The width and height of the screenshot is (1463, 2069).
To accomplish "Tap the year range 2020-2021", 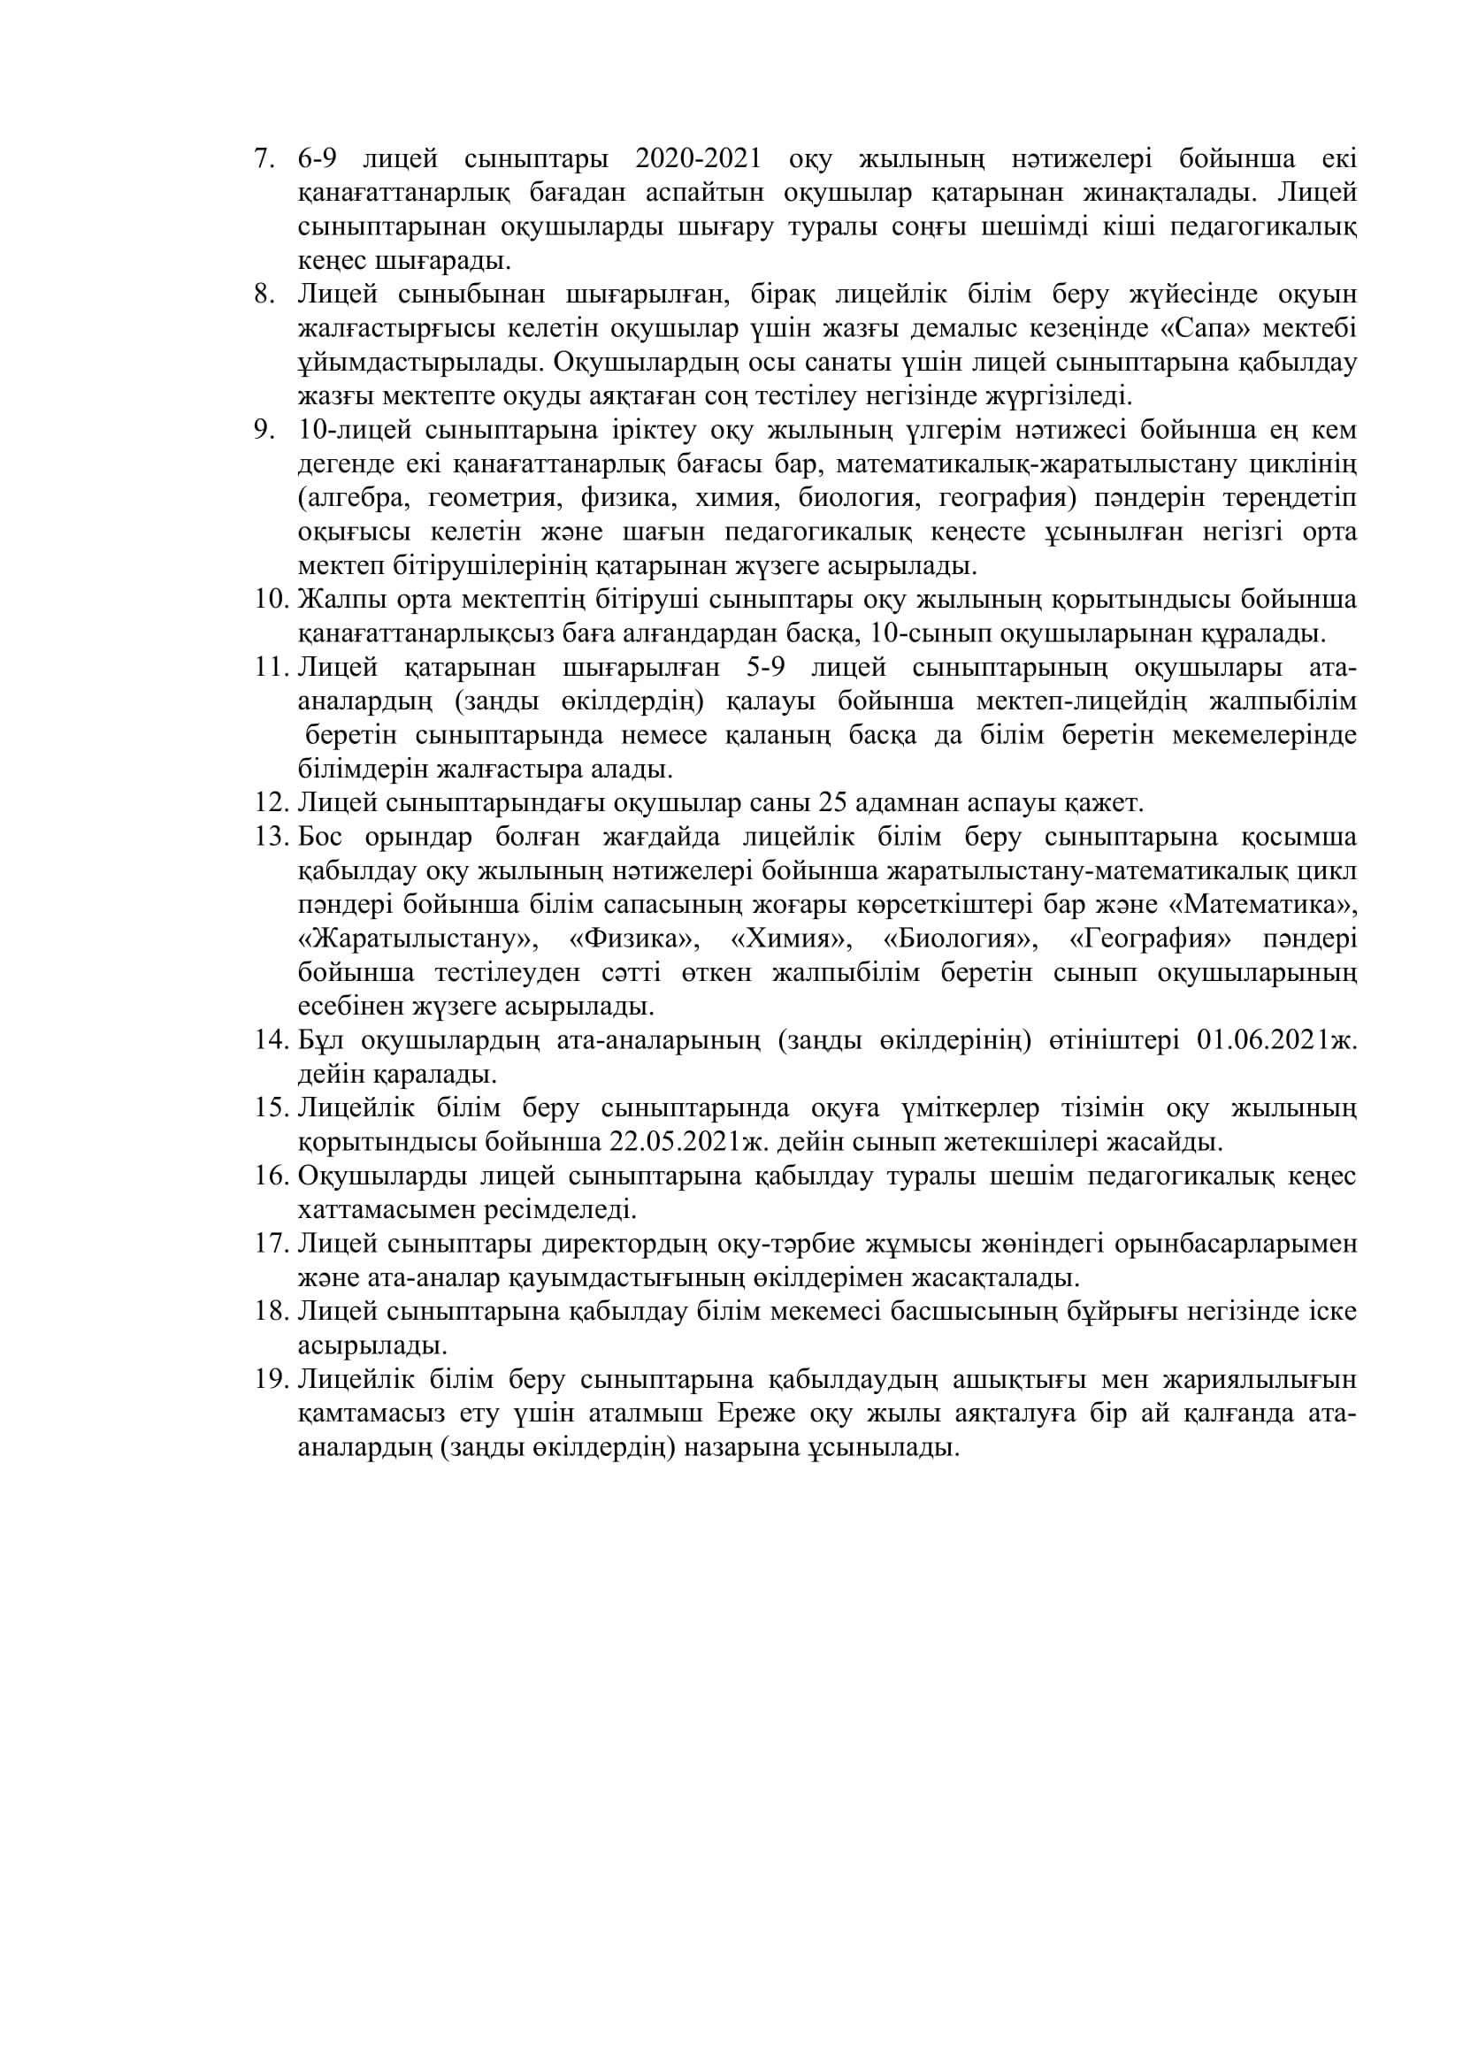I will pyautogui.click(x=698, y=159).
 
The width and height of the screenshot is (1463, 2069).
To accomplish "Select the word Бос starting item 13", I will pyautogui.click(x=320, y=837).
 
